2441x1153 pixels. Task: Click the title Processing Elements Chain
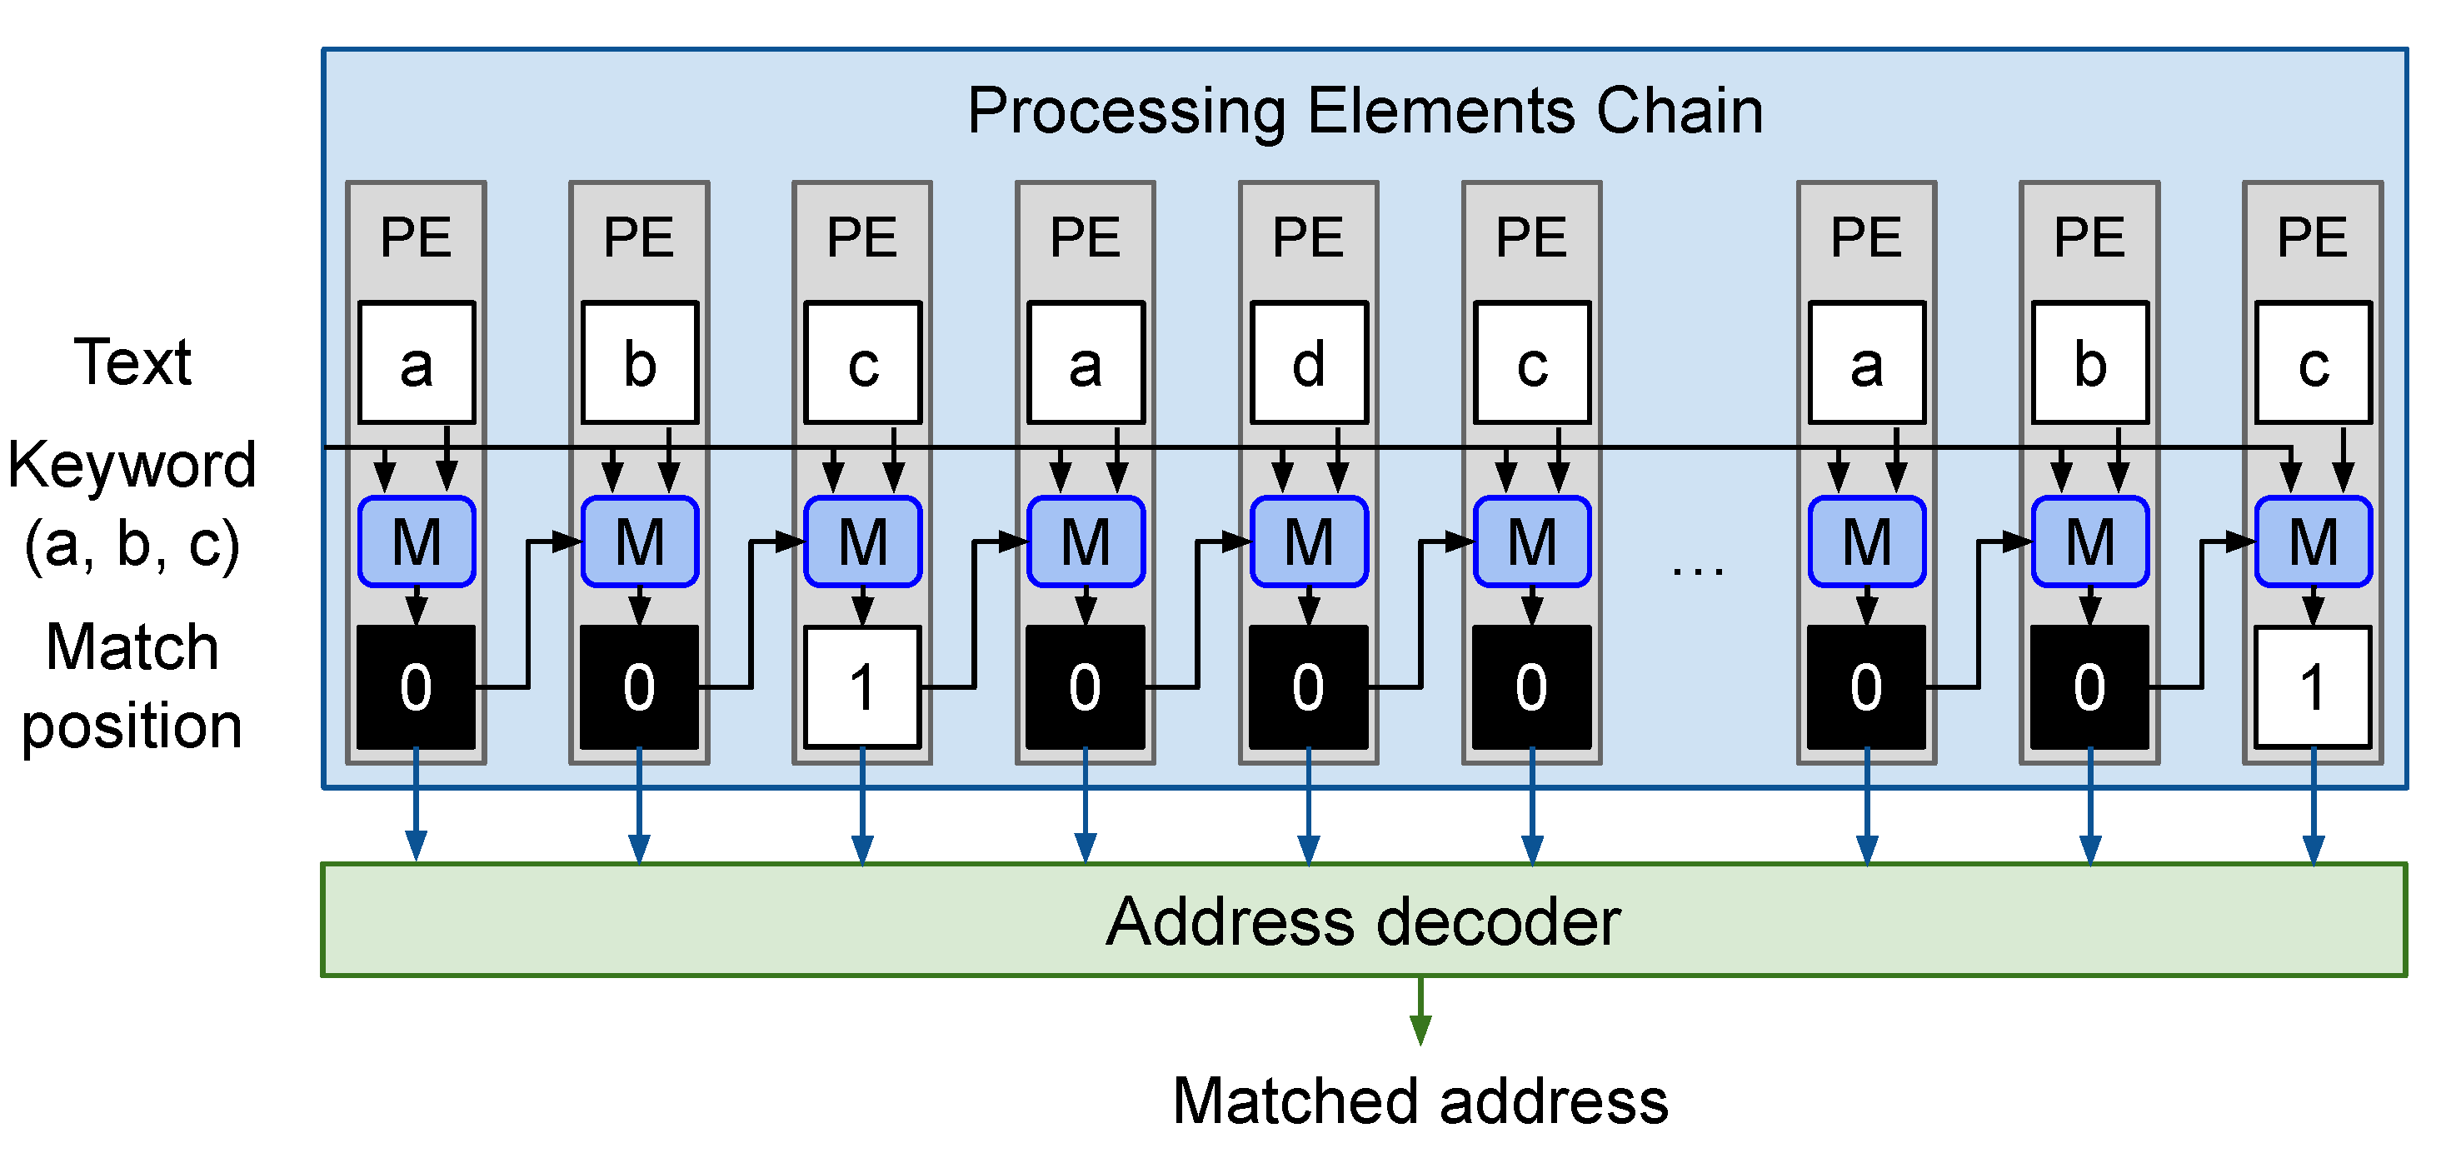(1365, 112)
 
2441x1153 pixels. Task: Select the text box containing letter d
(1309, 363)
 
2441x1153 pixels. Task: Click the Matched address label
(1420, 1101)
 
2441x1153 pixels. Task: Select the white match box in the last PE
(2312, 686)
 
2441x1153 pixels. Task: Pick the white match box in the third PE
(862, 686)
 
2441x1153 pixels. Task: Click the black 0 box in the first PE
(416, 686)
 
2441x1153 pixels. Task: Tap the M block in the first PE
(416, 542)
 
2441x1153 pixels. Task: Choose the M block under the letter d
(1309, 542)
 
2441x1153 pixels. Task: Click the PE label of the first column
(416, 237)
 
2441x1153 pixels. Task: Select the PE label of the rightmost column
(2312, 237)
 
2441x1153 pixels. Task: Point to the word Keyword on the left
(132, 465)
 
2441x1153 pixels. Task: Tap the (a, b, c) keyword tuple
(132, 545)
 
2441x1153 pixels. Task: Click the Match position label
(132, 686)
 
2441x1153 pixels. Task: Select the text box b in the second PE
(640, 363)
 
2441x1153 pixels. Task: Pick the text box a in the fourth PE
(1086, 363)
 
